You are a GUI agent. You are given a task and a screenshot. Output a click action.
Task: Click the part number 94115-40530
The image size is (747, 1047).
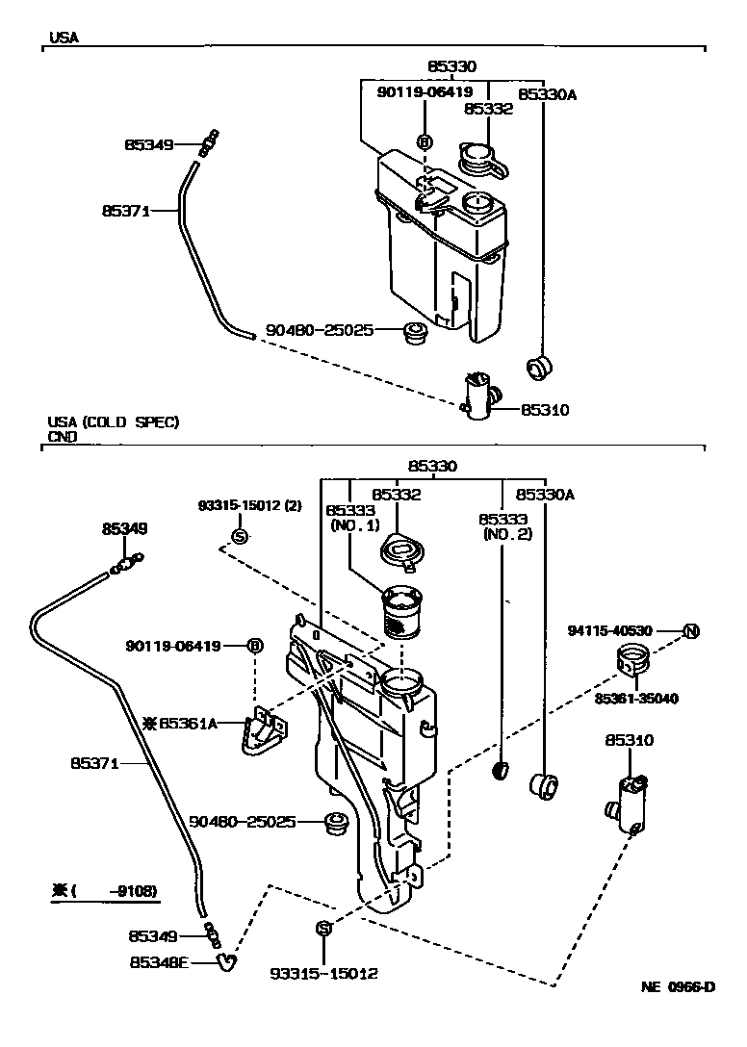610,631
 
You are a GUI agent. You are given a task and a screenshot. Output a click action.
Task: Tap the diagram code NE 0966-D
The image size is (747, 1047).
679,987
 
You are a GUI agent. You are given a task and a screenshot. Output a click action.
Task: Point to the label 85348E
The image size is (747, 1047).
160,959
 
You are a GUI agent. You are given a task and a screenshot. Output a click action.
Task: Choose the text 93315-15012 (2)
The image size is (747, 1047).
237,505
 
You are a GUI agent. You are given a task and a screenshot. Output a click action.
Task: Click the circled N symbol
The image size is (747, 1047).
690,631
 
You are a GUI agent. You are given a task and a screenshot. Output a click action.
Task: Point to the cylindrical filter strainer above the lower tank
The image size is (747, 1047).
402,612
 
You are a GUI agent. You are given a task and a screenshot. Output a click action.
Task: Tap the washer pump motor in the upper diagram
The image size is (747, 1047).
478,395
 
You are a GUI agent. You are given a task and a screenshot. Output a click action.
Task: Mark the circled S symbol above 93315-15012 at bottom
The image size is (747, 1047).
323,928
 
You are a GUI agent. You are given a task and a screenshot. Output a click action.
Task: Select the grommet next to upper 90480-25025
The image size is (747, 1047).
415,334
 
